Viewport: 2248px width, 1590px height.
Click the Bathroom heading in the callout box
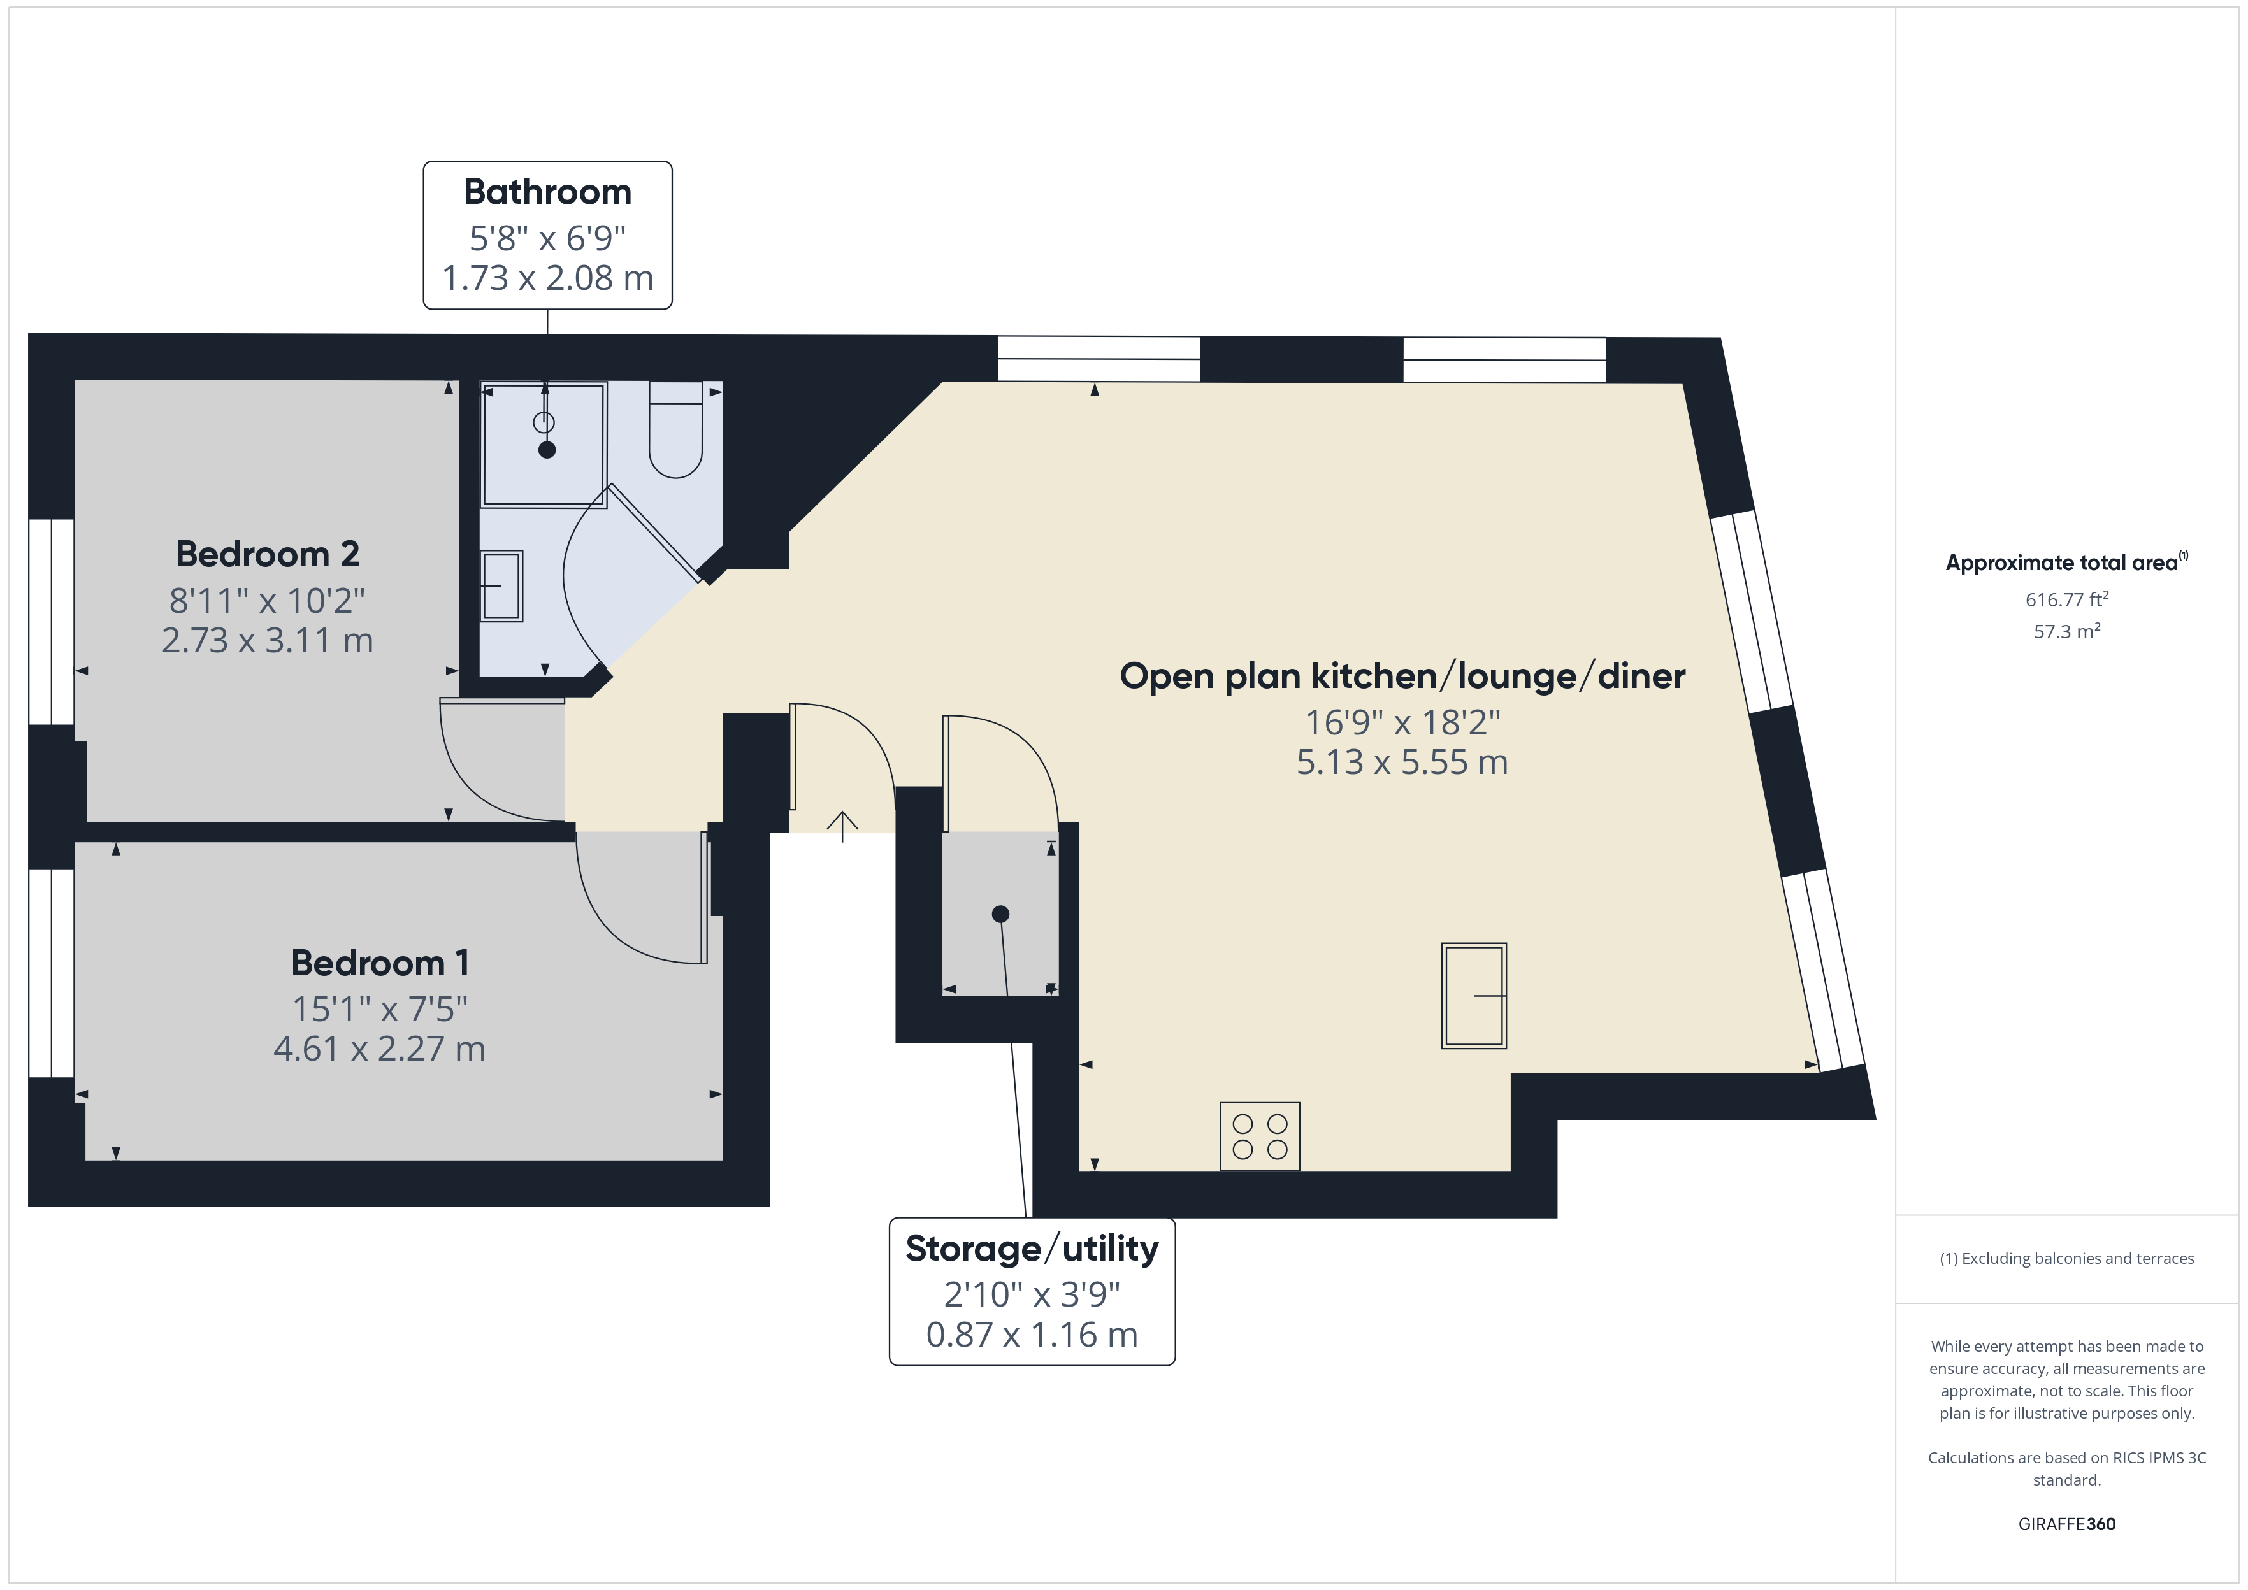click(547, 192)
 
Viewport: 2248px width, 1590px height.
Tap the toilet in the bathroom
click(675, 430)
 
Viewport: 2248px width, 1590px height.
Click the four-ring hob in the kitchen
click(1259, 1136)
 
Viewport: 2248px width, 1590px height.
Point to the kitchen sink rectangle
click(1474, 996)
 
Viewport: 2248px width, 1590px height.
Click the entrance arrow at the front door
click(842, 826)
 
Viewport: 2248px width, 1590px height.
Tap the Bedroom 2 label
click(267, 554)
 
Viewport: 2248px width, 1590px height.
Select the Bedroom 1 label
click(380, 963)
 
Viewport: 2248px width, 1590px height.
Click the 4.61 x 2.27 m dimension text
click(380, 1049)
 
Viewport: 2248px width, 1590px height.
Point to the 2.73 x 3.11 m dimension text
click(267, 640)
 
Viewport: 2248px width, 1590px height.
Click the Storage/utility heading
click(1032, 1249)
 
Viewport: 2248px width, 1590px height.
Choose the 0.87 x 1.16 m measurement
click(1032, 1335)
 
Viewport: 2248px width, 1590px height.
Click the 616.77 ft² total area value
click(2067, 599)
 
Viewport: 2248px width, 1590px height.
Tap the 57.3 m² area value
click(2067, 631)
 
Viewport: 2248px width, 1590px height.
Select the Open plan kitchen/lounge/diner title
click(1402, 677)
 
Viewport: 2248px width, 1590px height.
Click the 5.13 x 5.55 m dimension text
click(1402, 762)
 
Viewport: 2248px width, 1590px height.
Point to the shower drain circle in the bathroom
click(544, 422)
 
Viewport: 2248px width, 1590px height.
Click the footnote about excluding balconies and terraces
click(2067, 1258)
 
